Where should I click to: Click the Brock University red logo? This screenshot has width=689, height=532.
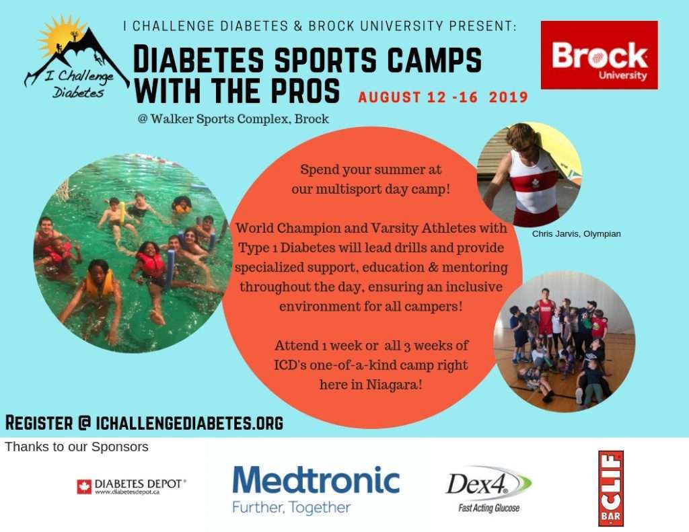[599, 55]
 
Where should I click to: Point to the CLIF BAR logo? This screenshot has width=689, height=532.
[611, 488]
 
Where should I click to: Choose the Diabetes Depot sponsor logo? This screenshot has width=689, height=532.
[131, 486]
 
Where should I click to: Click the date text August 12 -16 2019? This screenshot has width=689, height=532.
[443, 97]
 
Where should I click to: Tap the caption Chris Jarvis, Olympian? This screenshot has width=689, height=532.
[576, 233]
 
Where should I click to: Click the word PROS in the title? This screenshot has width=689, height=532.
[305, 91]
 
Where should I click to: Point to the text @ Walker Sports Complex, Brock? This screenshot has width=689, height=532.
[233, 119]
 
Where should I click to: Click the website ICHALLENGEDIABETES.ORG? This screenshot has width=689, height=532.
[189, 422]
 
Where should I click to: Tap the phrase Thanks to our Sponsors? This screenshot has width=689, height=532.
[77, 447]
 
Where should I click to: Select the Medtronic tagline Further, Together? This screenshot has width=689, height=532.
[291, 507]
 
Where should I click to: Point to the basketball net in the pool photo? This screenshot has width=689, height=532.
[63, 190]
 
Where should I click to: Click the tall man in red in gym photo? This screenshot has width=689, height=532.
[545, 314]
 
